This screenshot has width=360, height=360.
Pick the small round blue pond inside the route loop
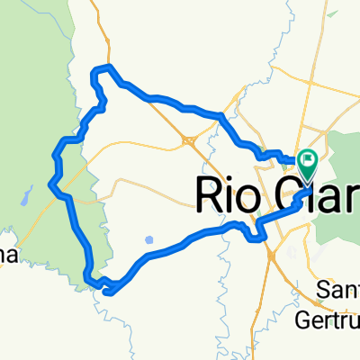click(x=149, y=240)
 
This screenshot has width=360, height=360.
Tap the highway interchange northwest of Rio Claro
click(x=187, y=139)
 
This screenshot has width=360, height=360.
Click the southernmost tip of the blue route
click(x=107, y=292)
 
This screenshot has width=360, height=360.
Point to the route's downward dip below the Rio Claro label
click(x=256, y=238)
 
